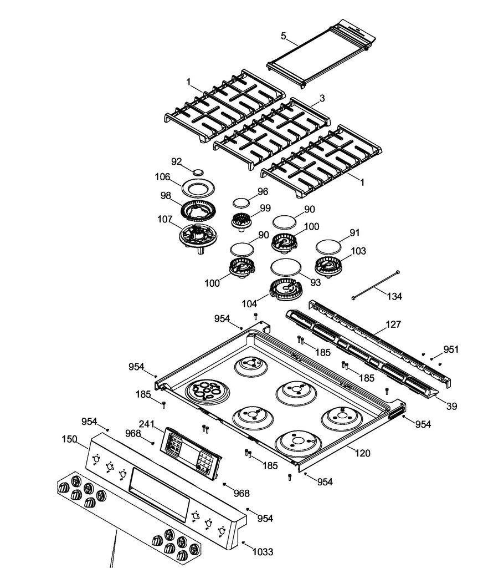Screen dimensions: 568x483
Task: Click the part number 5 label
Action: (284, 36)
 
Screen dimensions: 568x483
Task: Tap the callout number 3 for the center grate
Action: (322, 98)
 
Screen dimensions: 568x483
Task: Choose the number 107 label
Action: (165, 219)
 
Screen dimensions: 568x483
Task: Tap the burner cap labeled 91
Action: (327, 245)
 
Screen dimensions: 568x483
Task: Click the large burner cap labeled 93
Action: (285, 266)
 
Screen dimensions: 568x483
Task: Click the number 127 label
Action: (393, 324)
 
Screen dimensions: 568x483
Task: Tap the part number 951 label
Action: (451, 349)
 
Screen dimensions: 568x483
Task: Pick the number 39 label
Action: (452, 406)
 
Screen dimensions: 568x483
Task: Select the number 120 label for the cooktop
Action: (362, 453)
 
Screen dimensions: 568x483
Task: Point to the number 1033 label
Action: (263, 551)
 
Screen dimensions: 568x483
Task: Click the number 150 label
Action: (69, 439)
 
